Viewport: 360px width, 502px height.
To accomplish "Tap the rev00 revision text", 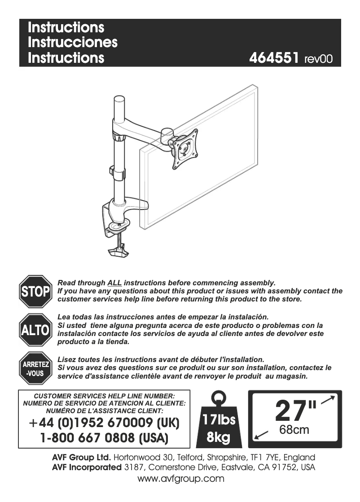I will (318, 59).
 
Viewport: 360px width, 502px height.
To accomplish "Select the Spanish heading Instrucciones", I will (72, 43).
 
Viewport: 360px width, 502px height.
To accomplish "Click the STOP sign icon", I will (35, 292).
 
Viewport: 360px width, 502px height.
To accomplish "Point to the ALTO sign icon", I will (35, 330).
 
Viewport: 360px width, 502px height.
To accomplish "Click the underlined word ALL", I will (114, 283).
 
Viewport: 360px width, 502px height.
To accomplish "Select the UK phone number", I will (104, 423).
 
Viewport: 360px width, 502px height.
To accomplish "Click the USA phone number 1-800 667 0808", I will (104, 437).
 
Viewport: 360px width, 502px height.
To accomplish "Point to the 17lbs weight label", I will (219, 420).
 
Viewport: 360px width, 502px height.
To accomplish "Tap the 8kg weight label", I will (219, 437).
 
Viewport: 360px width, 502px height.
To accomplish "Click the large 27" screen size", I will (295, 410).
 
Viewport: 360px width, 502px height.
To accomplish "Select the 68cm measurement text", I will (294, 430).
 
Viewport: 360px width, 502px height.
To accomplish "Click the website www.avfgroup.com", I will (181, 479).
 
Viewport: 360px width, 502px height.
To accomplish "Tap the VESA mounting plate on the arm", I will (184, 149).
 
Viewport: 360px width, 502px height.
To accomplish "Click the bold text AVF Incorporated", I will (87, 468).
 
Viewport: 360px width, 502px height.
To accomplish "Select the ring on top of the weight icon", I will (219, 397).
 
